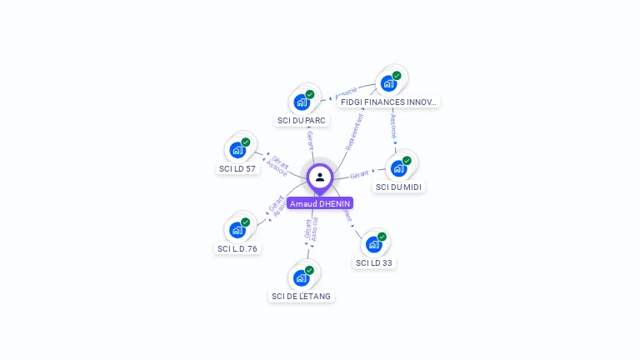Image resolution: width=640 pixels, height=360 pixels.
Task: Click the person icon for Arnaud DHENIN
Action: tap(320, 177)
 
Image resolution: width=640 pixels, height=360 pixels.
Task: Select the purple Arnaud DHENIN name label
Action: tap(320, 203)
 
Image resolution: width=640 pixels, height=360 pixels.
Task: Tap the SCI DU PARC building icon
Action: tap(301, 102)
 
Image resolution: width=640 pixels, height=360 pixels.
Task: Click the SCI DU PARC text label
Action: tap(302, 120)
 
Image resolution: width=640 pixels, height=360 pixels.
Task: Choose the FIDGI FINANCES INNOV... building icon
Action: tap(387, 83)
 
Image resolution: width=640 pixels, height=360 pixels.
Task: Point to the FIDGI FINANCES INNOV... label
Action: tap(388, 102)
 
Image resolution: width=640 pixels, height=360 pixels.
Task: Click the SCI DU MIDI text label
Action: tap(399, 187)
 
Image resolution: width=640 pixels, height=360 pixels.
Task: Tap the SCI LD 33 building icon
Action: tap(373, 244)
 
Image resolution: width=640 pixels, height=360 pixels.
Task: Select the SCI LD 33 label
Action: tap(374, 262)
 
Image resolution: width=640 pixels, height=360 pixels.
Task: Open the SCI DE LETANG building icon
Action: tap(301, 277)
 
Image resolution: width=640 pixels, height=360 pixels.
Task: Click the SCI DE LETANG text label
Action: tap(301, 296)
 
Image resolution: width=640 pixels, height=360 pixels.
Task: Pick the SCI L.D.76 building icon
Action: tap(237, 230)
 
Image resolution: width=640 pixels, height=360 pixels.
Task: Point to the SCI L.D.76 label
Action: tap(237, 248)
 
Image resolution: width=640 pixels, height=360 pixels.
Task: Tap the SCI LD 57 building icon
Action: tap(237, 150)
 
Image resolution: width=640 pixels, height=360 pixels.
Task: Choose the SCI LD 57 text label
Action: tap(237, 168)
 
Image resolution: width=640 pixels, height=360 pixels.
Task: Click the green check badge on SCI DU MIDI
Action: tap(407, 161)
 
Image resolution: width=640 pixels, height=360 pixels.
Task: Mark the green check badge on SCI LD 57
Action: tap(246, 142)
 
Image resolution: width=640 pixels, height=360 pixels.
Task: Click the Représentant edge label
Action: tap(355, 131)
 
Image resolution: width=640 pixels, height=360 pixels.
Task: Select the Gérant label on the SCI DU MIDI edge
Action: tap(359, 174)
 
